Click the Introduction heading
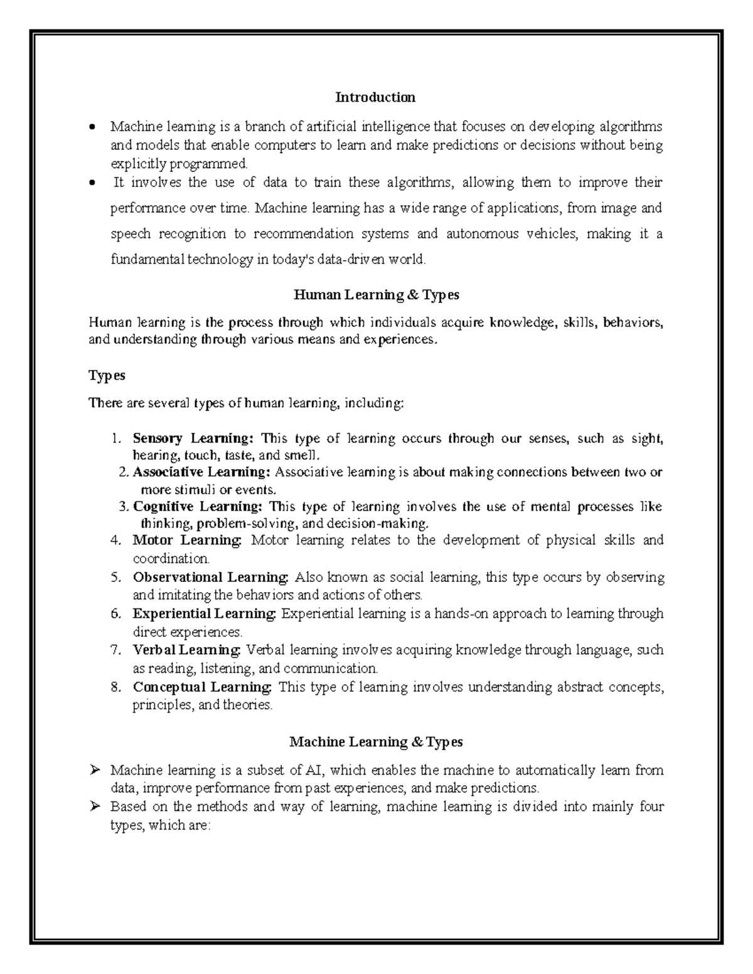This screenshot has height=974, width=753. (x=375, y=97)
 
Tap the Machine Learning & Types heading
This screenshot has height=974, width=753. (x=376, y=742)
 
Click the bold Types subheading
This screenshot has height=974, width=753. (x=107, y=376)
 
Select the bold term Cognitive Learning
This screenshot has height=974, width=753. (x=198, y=507)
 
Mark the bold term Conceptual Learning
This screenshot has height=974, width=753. (x=203, y=687)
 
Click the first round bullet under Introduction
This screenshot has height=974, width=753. (x=92, y=127)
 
